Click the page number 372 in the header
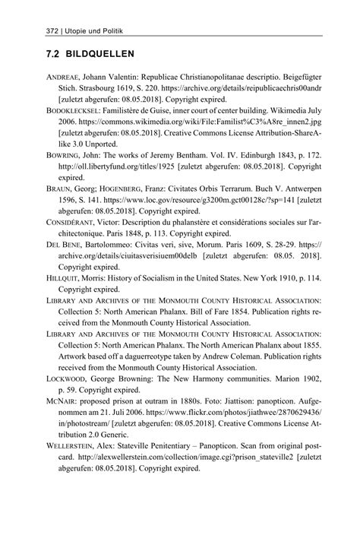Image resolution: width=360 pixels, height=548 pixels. click(x=34, y=30)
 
